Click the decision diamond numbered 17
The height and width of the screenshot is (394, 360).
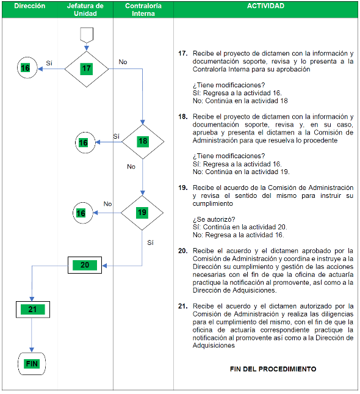tap(87, 69)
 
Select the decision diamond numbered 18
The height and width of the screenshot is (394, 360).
tap(143, 142)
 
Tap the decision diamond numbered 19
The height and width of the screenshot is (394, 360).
tap(142, 213)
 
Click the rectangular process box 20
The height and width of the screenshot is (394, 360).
tap(85, 265)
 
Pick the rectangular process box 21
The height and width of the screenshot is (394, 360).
tap(33, 310)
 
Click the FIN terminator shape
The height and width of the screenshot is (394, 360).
tap(32, 363)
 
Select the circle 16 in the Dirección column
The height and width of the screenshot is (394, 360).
tap(27, 68)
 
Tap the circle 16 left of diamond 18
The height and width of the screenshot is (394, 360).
tap(85, 142)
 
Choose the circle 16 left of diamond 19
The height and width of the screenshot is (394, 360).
tap(83, 213)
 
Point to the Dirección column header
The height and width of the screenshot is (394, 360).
tap(30, 6)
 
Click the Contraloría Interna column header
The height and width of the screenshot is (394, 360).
tap(143, 10)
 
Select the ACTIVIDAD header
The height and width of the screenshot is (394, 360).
tap(265, 5)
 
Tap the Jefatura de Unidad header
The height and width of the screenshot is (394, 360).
tap(85, 10)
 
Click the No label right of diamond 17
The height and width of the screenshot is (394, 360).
tap(123, 62)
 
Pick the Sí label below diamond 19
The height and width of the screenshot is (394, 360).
tap(150, 243)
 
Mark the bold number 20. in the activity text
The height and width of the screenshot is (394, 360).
tap(183, 251)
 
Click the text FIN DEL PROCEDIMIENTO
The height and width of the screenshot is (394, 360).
tap(273, 369)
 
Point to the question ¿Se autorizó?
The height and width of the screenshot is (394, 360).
tap(214, 219)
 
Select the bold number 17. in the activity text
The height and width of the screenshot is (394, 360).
tap(183, 53)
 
